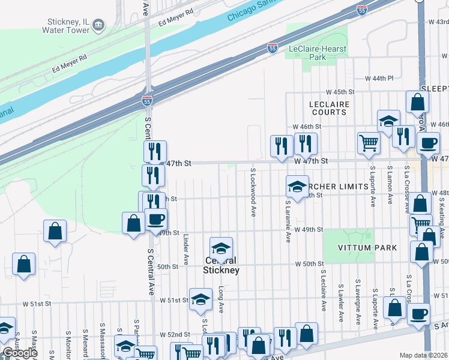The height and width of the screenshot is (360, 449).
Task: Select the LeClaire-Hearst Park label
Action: point(316,53)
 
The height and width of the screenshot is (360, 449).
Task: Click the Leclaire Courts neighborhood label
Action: point(328,108)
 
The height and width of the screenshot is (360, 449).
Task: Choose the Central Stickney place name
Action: point(221,266)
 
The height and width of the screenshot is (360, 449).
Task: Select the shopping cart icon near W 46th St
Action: point(369,143)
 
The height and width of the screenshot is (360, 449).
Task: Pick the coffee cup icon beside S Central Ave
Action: point(156,219)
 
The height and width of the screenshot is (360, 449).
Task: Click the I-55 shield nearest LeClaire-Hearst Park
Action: point(273,47)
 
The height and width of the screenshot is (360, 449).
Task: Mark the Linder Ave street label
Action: point(186,250)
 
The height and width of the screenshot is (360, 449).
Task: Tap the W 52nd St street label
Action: point(175,334)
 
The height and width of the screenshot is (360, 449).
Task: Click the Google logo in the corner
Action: point(20,353)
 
